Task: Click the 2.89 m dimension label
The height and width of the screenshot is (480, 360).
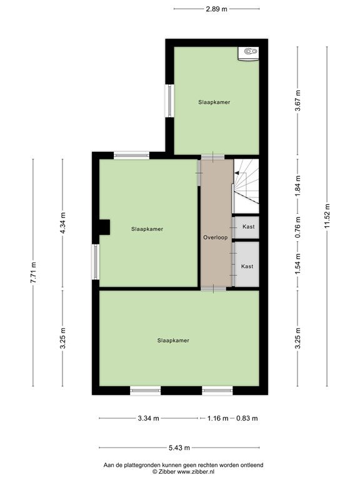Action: (x=216, y=9)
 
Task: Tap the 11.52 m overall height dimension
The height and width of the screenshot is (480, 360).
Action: (x=327, y=216)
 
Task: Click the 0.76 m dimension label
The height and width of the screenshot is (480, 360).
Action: (x=298, y=227)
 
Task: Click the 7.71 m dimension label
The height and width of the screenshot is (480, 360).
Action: (x=33, y=272)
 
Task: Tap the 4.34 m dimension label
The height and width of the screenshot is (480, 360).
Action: (x=62, y=222)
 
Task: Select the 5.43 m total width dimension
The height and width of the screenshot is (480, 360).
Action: (x=179, y=448)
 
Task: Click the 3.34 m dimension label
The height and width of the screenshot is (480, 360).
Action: (x=149, y=418)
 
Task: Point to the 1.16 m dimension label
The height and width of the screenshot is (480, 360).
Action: (x=217, y=418)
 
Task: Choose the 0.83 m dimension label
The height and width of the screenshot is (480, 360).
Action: (x=247, y=418)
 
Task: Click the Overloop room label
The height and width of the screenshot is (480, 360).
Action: (x=216, y=237)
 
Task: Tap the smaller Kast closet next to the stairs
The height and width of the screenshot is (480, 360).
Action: (x=246, y=227)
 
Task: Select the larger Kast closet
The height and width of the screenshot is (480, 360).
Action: (x=246, y=264)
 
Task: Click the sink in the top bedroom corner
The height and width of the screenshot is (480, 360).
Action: (x=249, y=54)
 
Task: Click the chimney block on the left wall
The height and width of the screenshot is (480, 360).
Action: (x=104, y=227)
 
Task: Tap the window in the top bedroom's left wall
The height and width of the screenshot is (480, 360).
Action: (x=169, y=101)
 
